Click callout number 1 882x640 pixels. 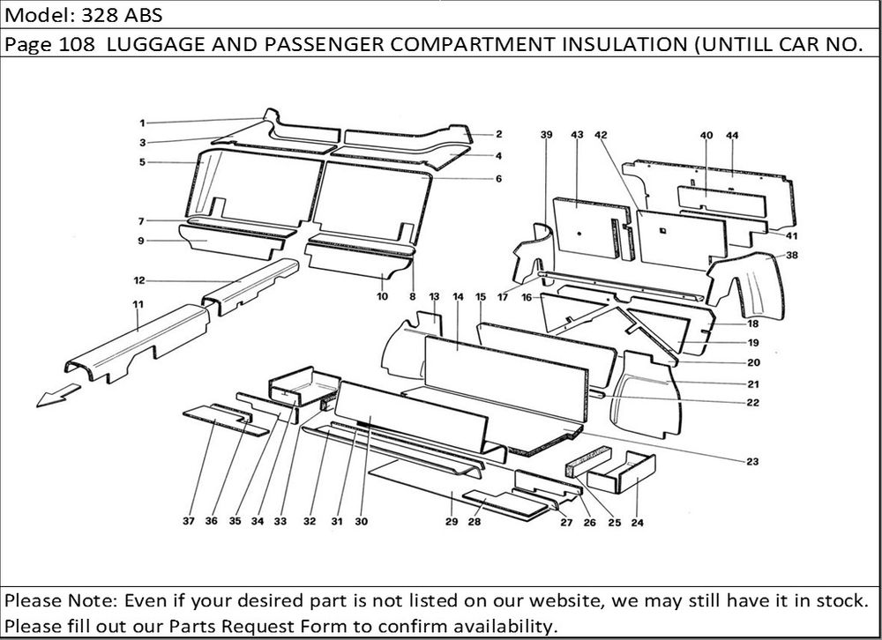pos(142,123)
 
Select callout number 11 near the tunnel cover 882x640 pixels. pos(138,304)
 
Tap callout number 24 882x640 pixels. pos(637,523)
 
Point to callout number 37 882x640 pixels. pos(189,522)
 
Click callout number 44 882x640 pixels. pos(732,136)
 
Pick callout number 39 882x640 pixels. pos(546,136)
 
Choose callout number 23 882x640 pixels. pos(751,461)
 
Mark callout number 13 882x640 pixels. pos(434,296)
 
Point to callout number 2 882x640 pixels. pos(498,135)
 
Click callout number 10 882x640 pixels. pos(382,297)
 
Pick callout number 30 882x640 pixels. pos(361,522)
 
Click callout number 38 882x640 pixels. pos(791,256)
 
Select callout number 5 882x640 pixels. pos(142,162)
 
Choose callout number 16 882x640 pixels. pos(526,298)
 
